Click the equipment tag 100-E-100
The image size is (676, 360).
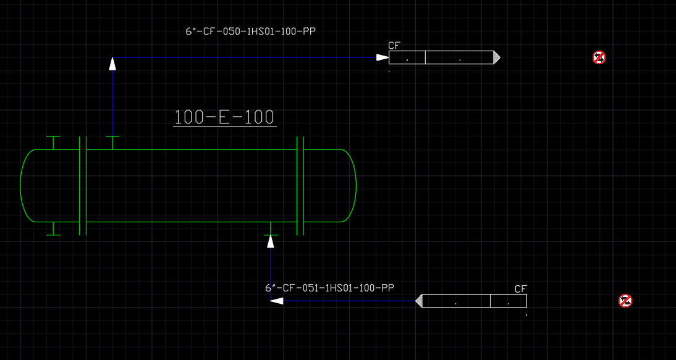(x=225, y=117)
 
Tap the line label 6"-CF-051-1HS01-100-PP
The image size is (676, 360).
(x=329, y=288)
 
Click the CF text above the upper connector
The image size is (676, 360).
(x=395, y=46)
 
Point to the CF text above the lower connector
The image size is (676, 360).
(x=521, y=289)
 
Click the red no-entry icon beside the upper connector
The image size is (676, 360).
(x=599, y=57)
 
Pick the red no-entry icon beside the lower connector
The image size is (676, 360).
(x=625, y=301)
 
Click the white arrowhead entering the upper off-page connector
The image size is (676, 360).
(x=382, y=57)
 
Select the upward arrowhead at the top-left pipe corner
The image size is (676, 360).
(x=112, y=64)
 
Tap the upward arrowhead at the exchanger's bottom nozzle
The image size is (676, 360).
(x=270, y=241)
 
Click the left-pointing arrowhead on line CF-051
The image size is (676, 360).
(x=276, y=301)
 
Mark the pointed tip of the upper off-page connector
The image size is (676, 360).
(x=500, y=57)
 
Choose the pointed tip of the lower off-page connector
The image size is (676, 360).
(x=416, y=301)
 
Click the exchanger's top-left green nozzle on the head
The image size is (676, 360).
(x=53, y=143)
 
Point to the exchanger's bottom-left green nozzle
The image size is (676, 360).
(x=53, y=228)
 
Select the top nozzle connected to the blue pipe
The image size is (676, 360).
(x=112, y=143)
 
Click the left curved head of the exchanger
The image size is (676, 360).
(x=20, y=186)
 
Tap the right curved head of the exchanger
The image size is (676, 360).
(x=356, y=186)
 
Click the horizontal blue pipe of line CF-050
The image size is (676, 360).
(x=245, y=57)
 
